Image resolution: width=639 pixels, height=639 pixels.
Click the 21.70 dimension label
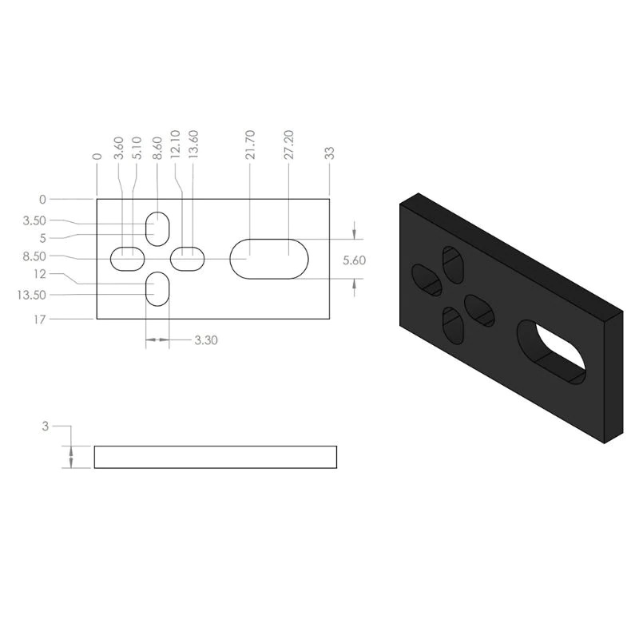pyautogui.click(x=250, y=145)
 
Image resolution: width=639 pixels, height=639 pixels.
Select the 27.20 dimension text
pyautogui.click(x=289, y=145)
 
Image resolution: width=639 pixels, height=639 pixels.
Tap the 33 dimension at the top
pyautogui.click(x=330, y=153)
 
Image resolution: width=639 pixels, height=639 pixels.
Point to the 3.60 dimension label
pyautogui.click(x=118, y=148)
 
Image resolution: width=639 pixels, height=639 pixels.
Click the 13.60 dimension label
pyautogui.click(x=193, y=145)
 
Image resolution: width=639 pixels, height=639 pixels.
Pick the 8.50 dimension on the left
pyautogui.click(x=34, y=256)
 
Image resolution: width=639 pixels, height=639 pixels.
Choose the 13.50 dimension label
pyautogui.click(x=31, y=295)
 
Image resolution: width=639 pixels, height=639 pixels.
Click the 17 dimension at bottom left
pyautogui.click(x=39, y=319)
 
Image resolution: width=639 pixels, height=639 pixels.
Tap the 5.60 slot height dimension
pyautogui.click(x=354, y=260)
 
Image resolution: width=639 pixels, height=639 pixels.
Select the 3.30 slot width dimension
pyautogui.click(x=206, y=340)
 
